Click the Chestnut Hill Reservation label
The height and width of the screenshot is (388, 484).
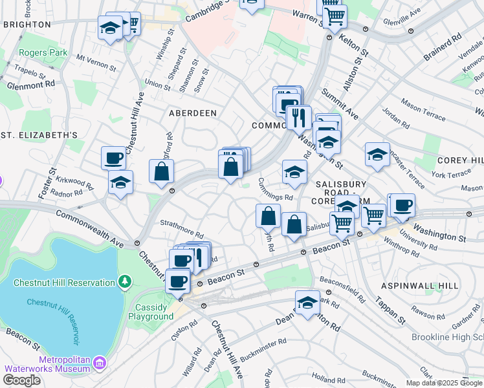pos(61,282)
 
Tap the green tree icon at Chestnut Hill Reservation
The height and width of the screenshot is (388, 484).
pos(124,282)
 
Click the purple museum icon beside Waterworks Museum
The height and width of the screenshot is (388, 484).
pos(99,362)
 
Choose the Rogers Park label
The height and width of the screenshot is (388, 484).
pos(43,52)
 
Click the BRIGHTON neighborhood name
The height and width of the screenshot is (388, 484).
pos(27,24)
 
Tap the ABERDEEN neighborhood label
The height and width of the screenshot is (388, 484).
pos(192,113)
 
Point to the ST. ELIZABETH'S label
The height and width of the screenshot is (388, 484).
pos(39,135)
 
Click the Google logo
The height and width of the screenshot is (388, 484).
pos(21,380)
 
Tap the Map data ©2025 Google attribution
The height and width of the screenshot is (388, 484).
pos(445,383)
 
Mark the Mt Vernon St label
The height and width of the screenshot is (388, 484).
pos(96,62)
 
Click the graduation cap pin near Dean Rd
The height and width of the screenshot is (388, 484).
pos(307,301)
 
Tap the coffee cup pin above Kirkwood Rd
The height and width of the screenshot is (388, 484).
pos(114,157)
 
